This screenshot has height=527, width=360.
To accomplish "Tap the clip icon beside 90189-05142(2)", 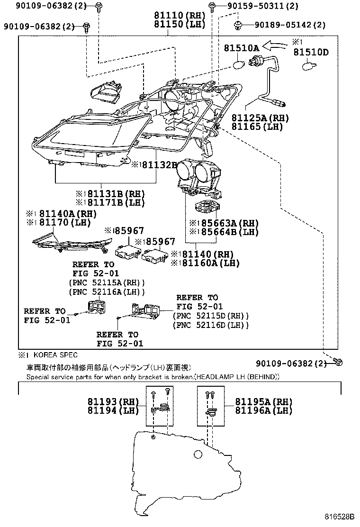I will point(238,24).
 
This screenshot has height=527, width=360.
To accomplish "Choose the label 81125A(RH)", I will point(260,118).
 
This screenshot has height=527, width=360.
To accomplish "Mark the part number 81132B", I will point(154,164).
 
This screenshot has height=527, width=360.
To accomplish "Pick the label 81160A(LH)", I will point(205,263).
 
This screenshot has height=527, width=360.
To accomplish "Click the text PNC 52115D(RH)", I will point(211,316).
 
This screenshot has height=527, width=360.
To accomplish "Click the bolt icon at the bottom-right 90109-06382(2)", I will point(338,363).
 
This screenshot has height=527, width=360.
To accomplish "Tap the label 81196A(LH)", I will point(264,410).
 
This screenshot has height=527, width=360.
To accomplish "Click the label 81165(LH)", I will point(257,127).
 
